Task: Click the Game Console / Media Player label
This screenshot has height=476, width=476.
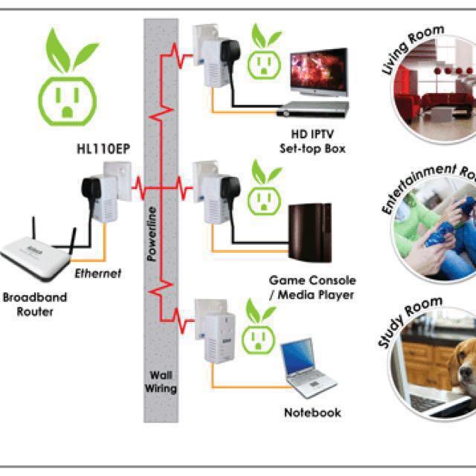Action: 312,288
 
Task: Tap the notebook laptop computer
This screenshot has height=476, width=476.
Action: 305,372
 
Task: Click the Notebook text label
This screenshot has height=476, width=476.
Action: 312,412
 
